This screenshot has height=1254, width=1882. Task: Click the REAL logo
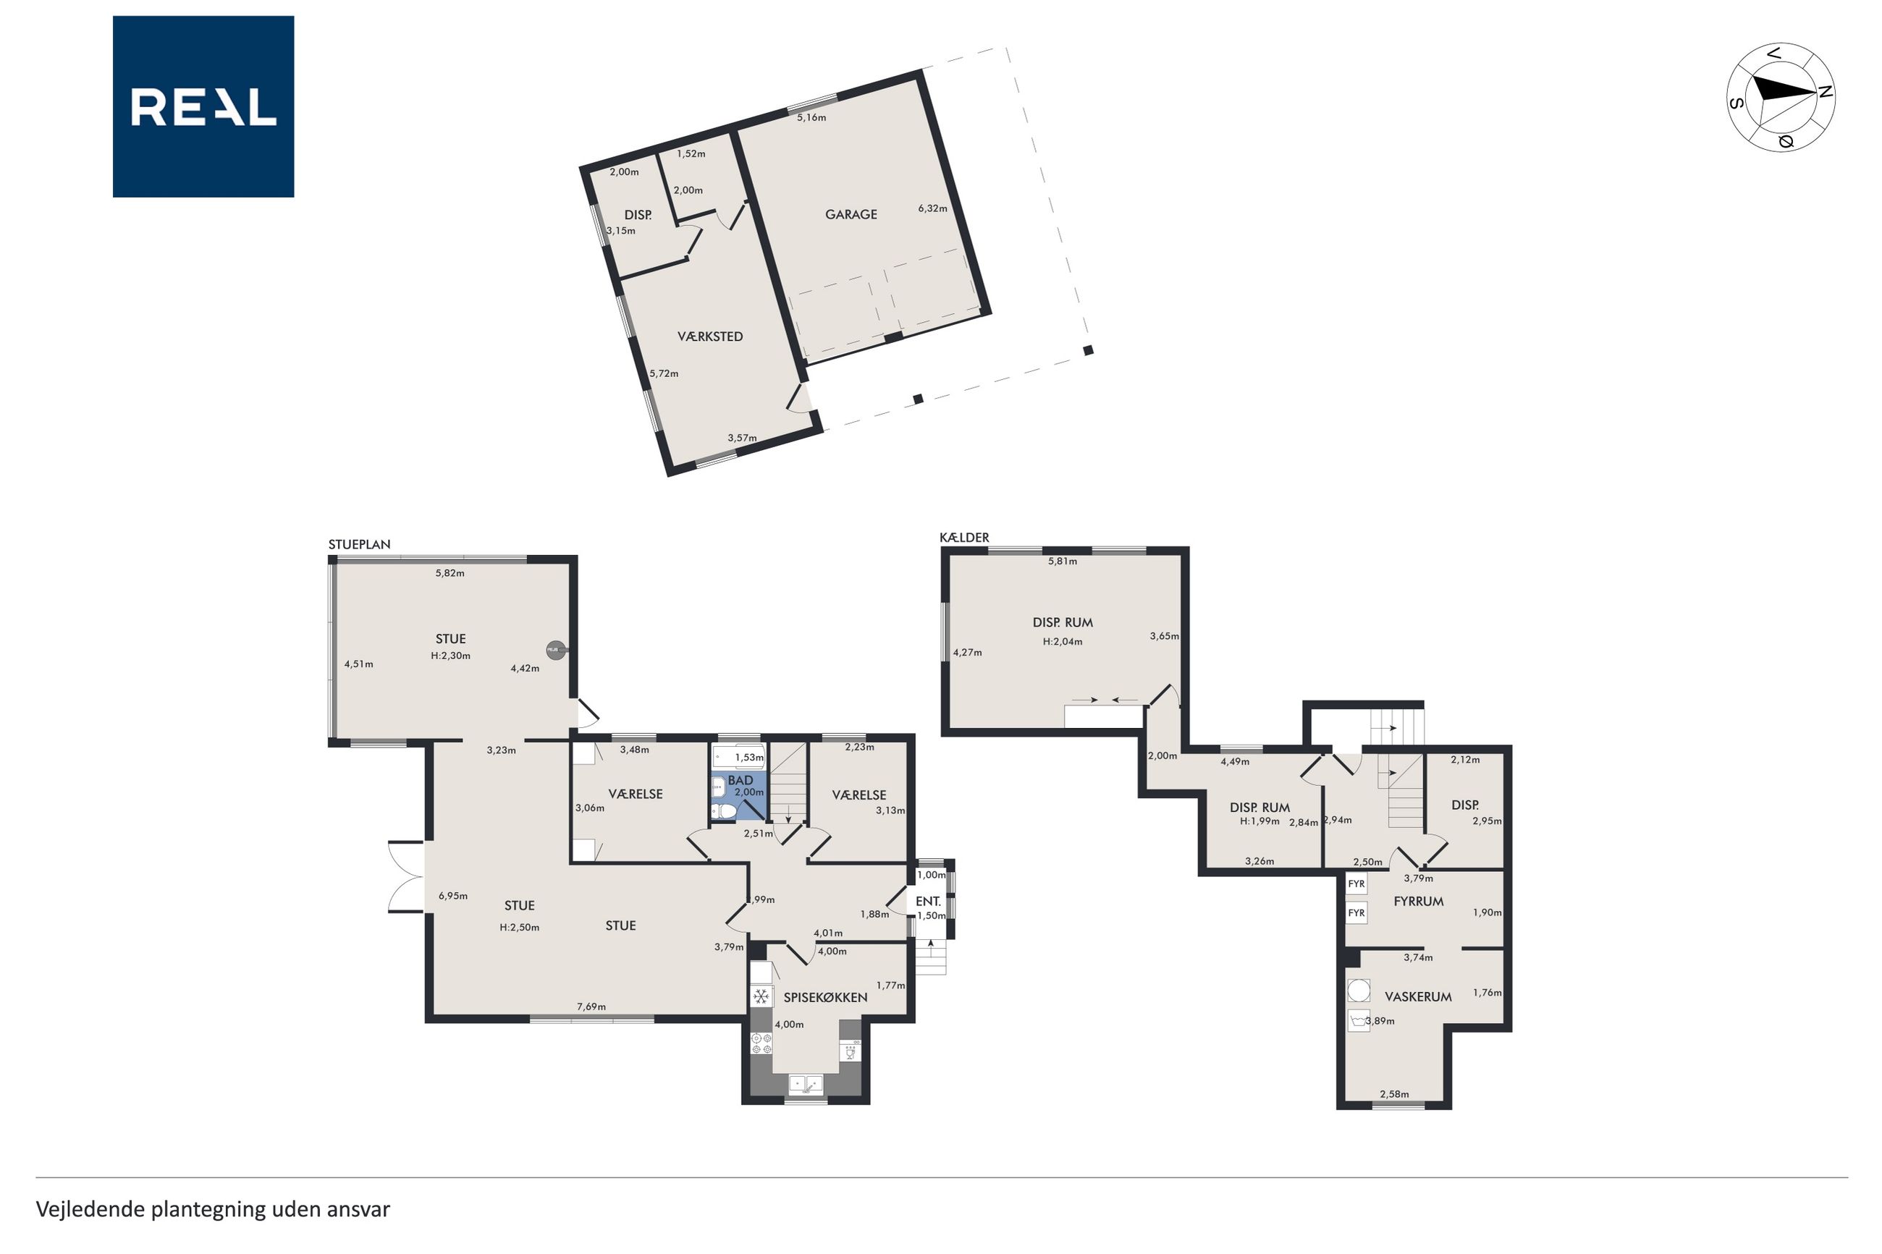203,106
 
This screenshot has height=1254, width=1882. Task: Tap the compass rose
1781,97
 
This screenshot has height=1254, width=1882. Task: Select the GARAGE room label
851,214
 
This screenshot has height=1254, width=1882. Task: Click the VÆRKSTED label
710,336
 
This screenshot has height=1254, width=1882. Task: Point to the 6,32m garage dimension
932,208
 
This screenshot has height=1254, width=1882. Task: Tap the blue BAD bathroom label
740,780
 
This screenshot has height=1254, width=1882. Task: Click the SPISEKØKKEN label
825,997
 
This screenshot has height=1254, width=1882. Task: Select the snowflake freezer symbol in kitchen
761,996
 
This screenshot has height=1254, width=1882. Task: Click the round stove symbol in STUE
554,651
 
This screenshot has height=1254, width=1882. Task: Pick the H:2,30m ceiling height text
450,656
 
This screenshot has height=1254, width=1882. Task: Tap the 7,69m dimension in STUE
591,1007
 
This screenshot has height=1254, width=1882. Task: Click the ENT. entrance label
928,902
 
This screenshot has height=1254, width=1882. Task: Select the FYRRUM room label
1418,902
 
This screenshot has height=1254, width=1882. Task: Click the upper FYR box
1356,884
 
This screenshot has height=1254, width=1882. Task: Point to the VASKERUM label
1418,996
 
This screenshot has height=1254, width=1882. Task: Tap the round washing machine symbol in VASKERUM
1358,991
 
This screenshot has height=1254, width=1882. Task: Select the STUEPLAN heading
359,545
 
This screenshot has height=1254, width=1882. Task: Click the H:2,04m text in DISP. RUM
1062,641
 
